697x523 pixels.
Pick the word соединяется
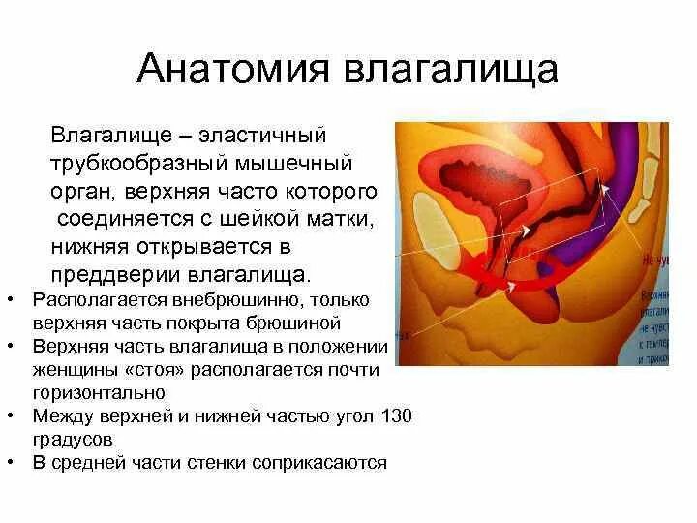tap(120, 218)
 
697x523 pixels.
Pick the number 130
tap(396, 415)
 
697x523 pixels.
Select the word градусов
tap(69, 439)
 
